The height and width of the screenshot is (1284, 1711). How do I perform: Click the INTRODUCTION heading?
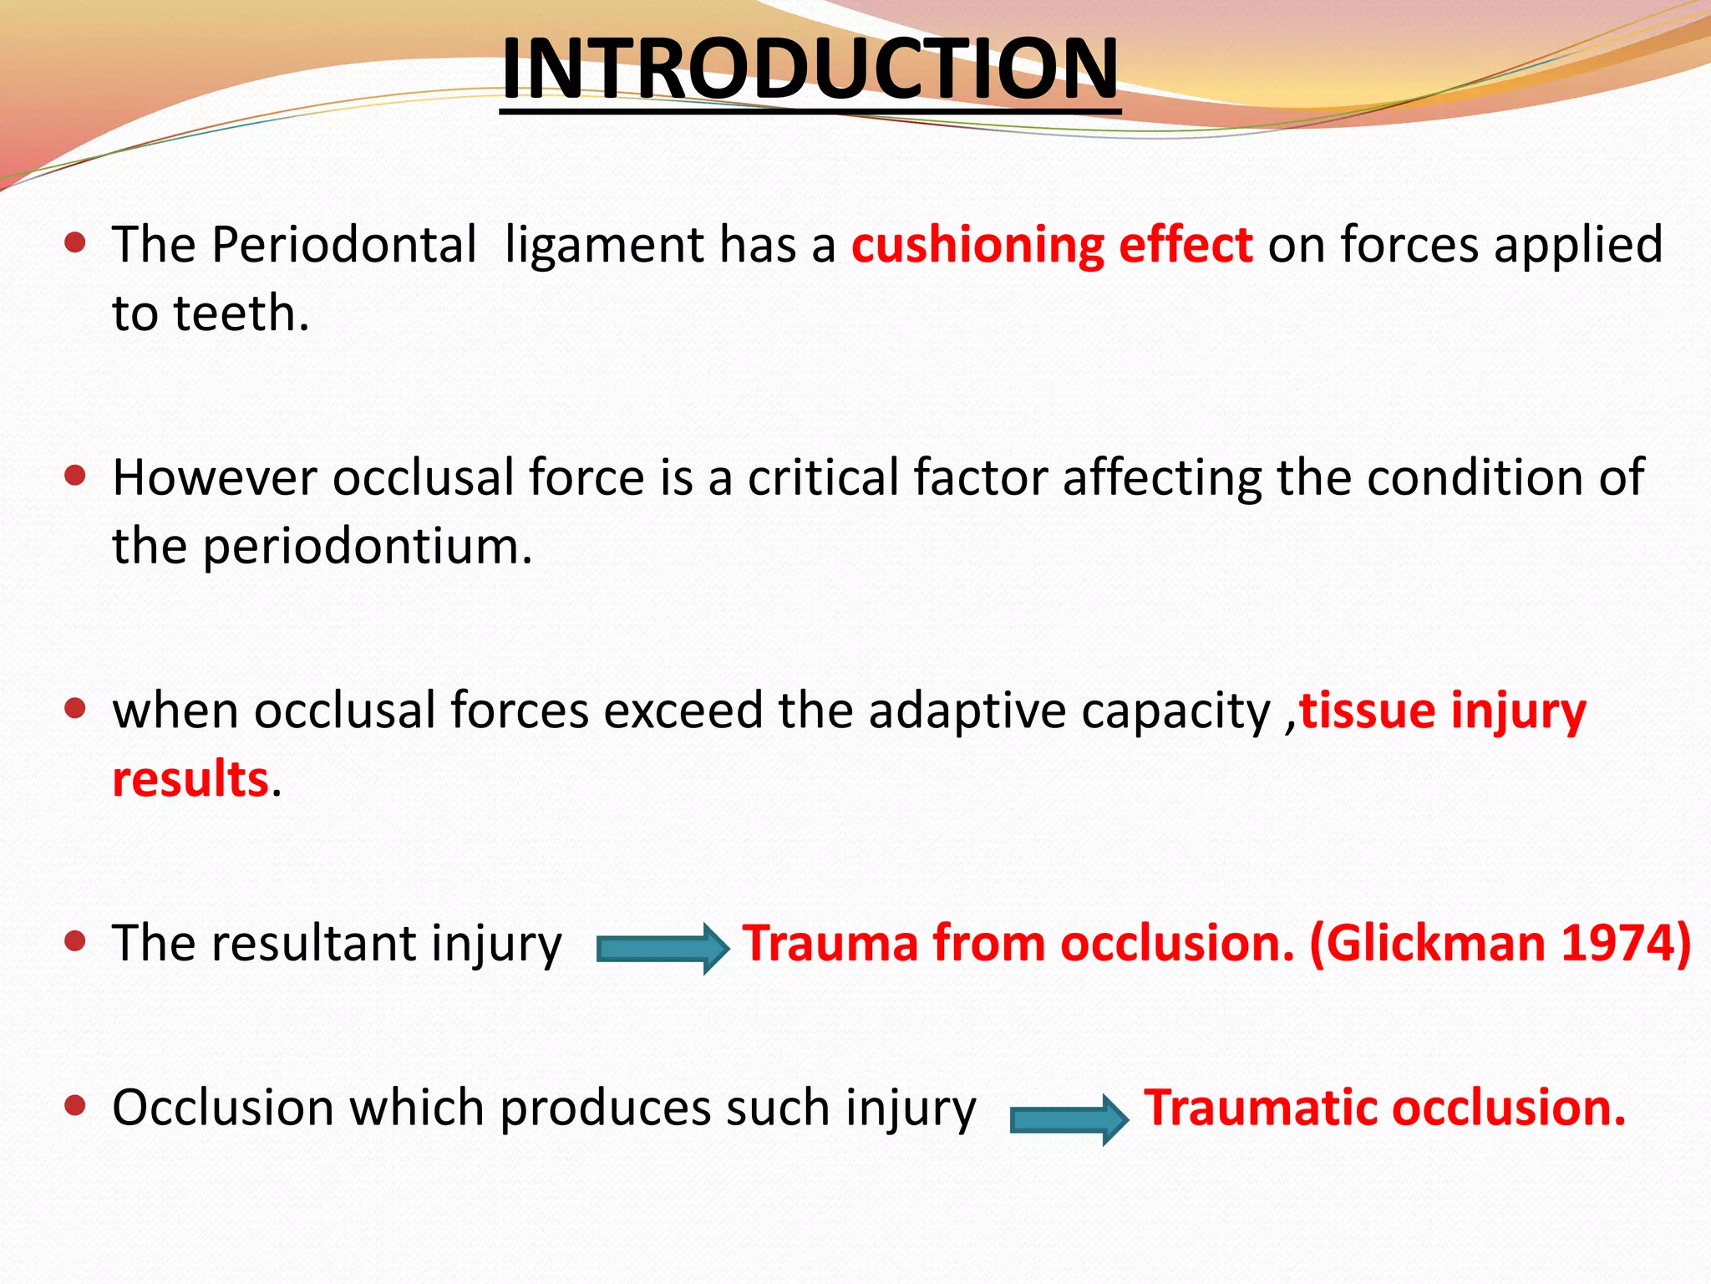pos(810,69)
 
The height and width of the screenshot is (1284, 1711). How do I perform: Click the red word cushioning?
pos(977,246)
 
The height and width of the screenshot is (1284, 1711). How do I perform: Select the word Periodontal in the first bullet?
pos(343,246)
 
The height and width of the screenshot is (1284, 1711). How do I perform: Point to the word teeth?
pos(240,314)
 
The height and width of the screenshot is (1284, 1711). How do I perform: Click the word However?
pos(215,478)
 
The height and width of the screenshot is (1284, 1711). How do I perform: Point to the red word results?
pos(190,779)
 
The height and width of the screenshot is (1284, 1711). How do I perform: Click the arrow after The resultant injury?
pos(662,948)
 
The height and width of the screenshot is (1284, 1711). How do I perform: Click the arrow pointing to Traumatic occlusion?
pos(1069,1119)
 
